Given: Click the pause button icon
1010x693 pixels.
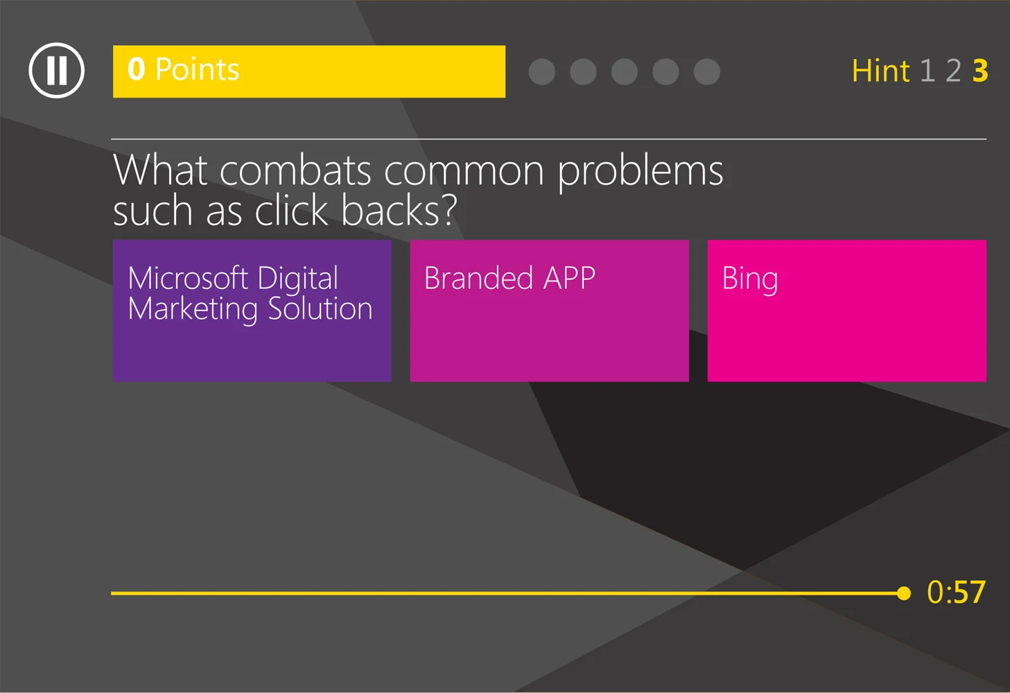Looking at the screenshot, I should coord(56,71).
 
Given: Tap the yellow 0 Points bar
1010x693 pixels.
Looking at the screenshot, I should coord(308,71).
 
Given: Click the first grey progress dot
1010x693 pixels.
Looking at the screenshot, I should coord(542,71).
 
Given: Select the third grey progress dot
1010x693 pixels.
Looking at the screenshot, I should coord(625,71).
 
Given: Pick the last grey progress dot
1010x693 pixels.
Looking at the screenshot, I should coord(707,71).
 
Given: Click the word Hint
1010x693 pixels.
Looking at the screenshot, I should coord(880,71).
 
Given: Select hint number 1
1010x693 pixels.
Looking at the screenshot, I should coord(928,71).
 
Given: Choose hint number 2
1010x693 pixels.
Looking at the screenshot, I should coord(954,71).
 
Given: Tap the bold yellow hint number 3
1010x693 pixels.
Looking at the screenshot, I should coord(980,71).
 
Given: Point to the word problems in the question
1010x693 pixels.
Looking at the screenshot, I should coord(640,172).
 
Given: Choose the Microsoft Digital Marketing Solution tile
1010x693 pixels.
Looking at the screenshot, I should coord(252,310).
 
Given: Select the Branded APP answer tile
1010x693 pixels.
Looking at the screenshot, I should coord(549,310).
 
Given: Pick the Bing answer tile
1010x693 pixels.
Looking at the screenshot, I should coord(846,310).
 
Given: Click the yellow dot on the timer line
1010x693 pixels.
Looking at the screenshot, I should coord(903,593).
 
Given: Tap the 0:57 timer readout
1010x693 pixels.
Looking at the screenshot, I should coord(956,593).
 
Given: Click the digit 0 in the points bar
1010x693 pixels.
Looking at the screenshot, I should coord(137,69).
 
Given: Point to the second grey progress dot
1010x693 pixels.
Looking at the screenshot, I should coord(583,71).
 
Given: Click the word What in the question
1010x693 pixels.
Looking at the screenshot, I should coord(160,170).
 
